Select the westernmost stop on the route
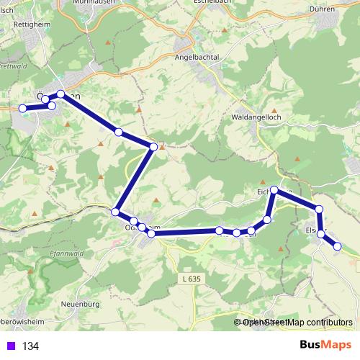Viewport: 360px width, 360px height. (22, 108)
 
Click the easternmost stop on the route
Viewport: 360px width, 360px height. (337, 246)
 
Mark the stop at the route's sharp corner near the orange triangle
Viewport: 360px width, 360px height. (153, 147)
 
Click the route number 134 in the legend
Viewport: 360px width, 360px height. (30, 346)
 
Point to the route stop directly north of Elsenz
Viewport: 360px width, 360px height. (319, 209)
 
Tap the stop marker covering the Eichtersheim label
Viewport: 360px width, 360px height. (274, 190)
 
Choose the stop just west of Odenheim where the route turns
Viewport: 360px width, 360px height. (115, 211)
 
